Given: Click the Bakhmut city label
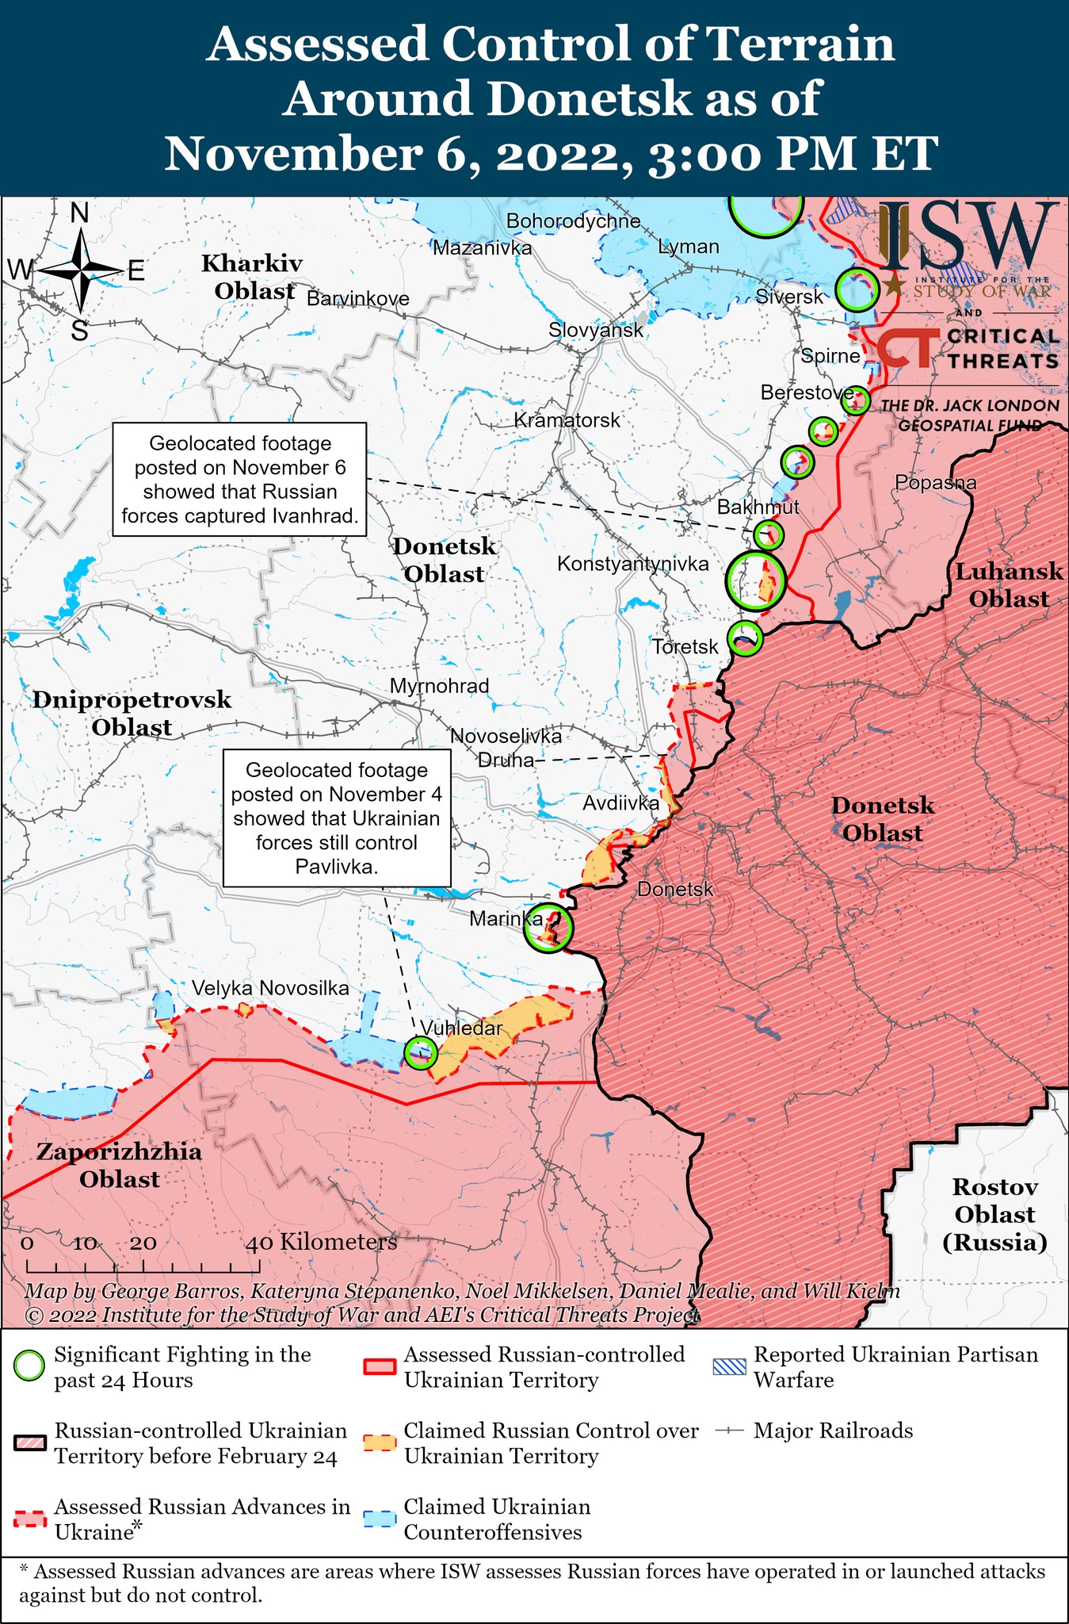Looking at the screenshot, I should tap(758, 507).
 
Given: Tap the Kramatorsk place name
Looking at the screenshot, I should tap(567, 419).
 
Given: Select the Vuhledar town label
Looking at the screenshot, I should tap(461, 1028).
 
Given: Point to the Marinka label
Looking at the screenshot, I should tap(506, 919).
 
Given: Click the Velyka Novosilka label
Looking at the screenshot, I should tap(270, 988).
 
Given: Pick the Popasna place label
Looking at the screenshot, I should tap(935, 482).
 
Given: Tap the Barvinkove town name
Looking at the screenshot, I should tap(358, 299).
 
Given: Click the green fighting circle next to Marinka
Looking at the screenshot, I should tap(548, 927).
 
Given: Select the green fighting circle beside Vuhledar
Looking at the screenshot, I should tap(419, 1052).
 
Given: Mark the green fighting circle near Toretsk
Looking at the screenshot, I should tap(744, 638).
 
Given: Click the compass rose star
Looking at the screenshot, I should tap(82, 270).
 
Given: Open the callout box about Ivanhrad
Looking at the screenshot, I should tap(239, 480).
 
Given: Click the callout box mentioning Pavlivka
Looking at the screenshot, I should tap(337, 818).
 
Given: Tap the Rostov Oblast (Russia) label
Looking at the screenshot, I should tap(995, 1214).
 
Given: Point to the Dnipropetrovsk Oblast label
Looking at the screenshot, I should tap(132, 713).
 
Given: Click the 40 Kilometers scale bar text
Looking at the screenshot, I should tap(321, 1242).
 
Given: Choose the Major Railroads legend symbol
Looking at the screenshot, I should tap(729, 1431).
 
